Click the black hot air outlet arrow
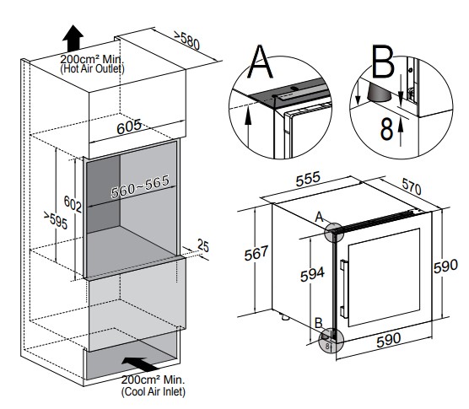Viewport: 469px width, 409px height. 73,38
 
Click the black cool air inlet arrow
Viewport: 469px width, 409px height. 139,364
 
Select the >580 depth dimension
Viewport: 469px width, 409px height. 187,40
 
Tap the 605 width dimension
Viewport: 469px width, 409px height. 129,126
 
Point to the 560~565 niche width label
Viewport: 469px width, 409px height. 140,186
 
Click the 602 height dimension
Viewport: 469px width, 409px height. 73,204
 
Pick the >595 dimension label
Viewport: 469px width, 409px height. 56,220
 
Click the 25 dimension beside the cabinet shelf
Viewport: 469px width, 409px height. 203,245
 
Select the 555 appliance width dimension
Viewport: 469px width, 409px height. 308,179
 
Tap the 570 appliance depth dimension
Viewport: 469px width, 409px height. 412,186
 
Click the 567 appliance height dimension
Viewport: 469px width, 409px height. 256,253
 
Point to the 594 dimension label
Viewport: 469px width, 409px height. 312,274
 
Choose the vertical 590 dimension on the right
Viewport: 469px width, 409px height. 445,266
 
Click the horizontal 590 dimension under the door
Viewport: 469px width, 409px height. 389,340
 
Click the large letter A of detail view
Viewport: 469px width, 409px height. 260,62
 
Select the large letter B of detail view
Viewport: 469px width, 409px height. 383,62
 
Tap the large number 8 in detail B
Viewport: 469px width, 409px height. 386,129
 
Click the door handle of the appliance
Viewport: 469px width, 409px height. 344,289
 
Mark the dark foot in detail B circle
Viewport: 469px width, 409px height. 380,93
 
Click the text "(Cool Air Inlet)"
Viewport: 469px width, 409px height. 154,391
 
